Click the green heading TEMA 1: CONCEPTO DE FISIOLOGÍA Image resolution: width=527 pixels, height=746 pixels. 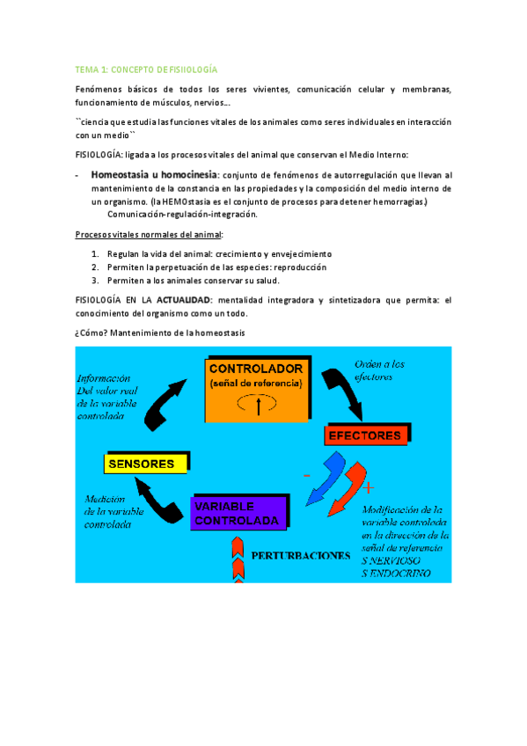point(145,69)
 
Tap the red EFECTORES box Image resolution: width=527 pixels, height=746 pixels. point(364,435)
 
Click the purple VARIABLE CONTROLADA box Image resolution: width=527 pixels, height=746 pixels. point(238,513)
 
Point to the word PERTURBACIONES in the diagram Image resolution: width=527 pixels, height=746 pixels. point(300,556)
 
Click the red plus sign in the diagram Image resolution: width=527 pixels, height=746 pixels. point(368,486)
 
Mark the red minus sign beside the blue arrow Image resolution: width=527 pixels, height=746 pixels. point(306,474)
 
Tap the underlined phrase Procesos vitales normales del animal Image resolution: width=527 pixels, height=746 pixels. point(149,234)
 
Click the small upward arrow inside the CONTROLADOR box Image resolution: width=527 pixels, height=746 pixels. point(258,406)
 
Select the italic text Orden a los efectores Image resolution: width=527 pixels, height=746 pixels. point(379,369)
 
